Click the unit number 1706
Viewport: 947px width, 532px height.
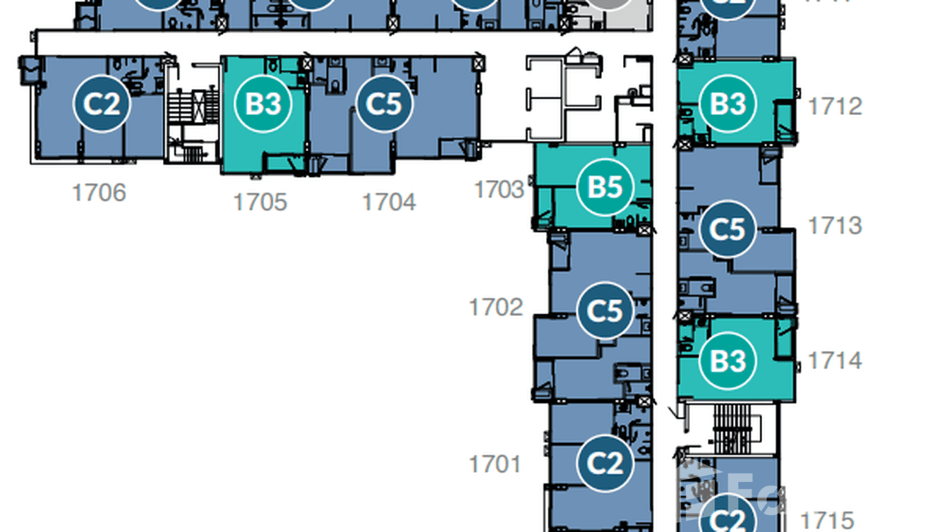point(99,192)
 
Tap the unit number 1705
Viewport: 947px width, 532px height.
point(260,202)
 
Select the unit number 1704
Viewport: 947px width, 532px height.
point(389,202)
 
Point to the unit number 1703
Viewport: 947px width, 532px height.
point(500,189)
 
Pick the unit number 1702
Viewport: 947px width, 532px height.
point(496,308)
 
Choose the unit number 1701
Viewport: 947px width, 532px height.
point(495,464)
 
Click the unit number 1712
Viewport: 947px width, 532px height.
point(835,107)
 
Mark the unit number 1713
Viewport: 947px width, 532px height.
point(835,226)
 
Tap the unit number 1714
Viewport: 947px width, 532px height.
point(835,361)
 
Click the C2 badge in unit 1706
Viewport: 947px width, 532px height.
point(102,104)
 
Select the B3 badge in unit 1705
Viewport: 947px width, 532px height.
point(263,104)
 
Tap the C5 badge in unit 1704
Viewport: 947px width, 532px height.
point(384,104)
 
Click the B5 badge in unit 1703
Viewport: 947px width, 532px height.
point(605,187)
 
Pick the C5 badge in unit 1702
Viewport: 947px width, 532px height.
point(605,311)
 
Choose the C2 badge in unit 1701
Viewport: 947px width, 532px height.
point(605,464)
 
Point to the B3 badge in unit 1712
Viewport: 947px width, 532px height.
point(728,104)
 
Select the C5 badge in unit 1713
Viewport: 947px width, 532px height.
point(728,229)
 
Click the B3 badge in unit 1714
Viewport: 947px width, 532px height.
point(728,361)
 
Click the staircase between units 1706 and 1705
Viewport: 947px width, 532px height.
point(191,113)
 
